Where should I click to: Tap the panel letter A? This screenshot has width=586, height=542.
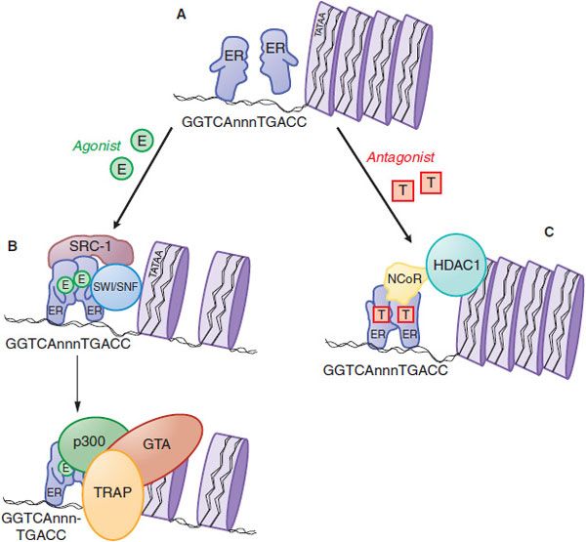coord(180,13)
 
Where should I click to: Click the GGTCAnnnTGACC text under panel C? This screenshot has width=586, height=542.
coord(391,371)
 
